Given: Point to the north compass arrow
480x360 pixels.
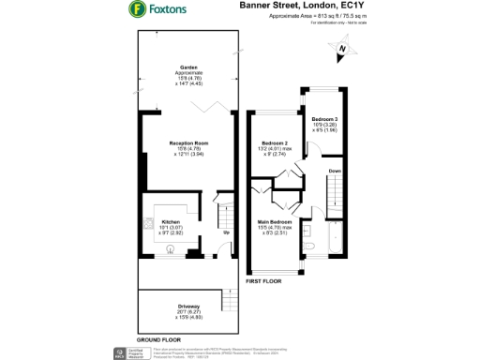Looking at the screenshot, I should (x=344, y=49).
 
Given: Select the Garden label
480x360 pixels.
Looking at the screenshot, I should (x=188, y=67).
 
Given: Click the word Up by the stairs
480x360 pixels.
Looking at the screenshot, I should (x=225, y=232).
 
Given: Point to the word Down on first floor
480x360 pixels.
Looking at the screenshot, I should (x=335, y=171).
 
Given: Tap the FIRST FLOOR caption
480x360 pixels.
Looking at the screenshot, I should (x=263, y=280).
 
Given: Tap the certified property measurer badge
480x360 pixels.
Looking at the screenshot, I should (x=121, y=352).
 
